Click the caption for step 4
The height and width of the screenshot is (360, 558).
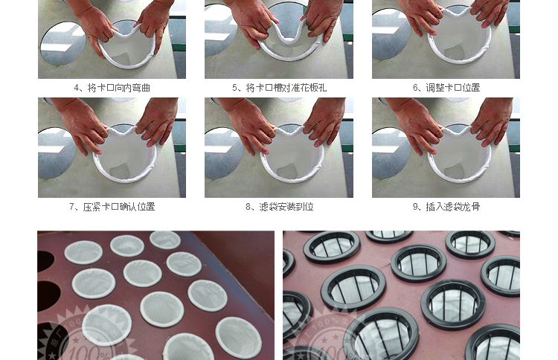(x=112, y=88)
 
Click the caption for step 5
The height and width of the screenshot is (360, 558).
(x=279, y=88)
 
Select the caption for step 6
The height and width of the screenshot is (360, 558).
(x=446, y=88)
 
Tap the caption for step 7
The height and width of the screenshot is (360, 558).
(x=112, y=207)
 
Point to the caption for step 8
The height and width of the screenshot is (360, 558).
(x=279, y=207)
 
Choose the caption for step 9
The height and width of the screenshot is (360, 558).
(x=446, y=207)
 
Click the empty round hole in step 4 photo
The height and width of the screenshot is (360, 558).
(x=62, y=43)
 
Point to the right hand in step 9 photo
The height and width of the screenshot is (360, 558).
(x=493, y=123)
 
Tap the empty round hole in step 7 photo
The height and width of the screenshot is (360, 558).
(x=57, y=153)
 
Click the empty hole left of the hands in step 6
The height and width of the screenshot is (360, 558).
(x=391, y=35)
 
